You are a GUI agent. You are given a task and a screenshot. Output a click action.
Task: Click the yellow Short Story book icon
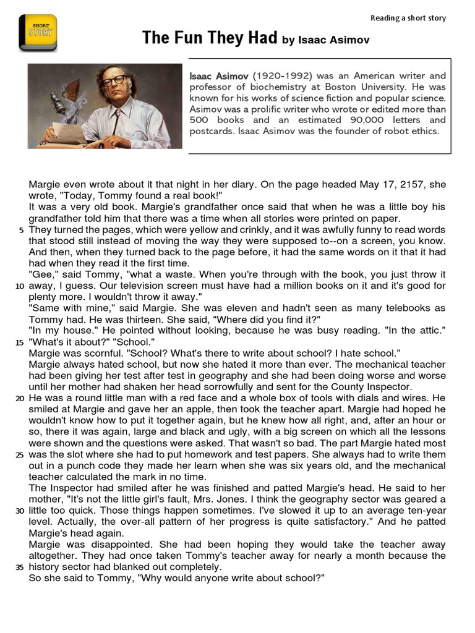tap(38, 33)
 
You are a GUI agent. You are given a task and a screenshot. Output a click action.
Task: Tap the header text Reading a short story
tap(408, 18)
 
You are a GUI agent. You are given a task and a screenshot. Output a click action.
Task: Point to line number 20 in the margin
tap(20, 398)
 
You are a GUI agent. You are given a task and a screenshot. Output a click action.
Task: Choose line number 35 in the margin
tap(20, 567)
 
